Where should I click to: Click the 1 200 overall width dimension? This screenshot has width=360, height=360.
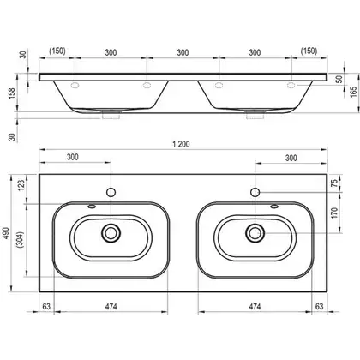(181, 144)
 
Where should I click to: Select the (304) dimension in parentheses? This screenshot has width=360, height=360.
(21, 240)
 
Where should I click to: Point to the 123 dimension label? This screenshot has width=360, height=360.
(22, 186)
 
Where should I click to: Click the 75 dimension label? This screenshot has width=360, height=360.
(334, 183)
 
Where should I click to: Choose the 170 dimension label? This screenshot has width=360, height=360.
(334, 213)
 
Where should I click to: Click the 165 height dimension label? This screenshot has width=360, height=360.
(353, 91)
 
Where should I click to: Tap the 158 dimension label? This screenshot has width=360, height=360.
(12, 93)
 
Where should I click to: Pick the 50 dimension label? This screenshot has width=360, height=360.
(340, 79)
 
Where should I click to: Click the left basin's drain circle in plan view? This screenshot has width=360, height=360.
(111, 233)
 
